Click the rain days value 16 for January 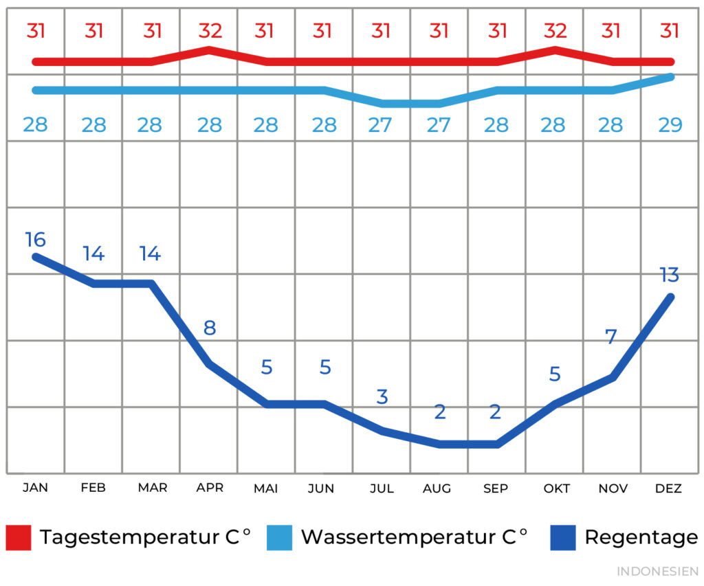(x=35, y=240)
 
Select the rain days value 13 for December (x=669, y=275)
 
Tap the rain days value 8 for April (x=210, y=328)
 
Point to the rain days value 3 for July (x=382, y=396)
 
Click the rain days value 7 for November (x=611, y=337)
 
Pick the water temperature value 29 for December (x=670, y=125)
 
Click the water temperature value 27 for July (x=380, y=125)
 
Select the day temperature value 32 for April (x=210, y=31)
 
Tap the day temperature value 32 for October (x=555, y=31)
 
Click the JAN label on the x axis (x=35, y=488)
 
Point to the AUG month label (x=437, y=488)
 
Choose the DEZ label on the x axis (x=668, y=488)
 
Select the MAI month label (x=266, y=488)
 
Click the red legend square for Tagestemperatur (x=19, y=537)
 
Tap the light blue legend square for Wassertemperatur (x=279, y=537)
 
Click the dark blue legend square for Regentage (x=563, y=537)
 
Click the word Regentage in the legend (x=641, y=537)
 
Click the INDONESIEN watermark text (x=657, y=572)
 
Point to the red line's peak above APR (x=209, y=49)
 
